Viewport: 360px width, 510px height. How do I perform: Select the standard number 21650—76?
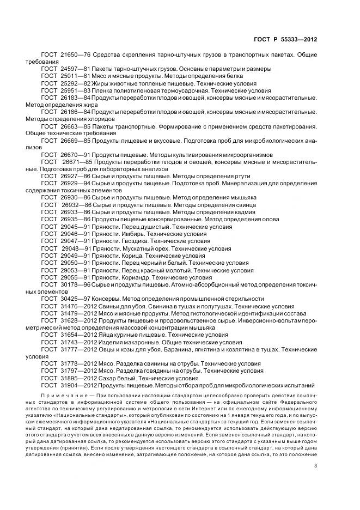pos(75,55)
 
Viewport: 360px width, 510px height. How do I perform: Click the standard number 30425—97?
pos(75,299)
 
